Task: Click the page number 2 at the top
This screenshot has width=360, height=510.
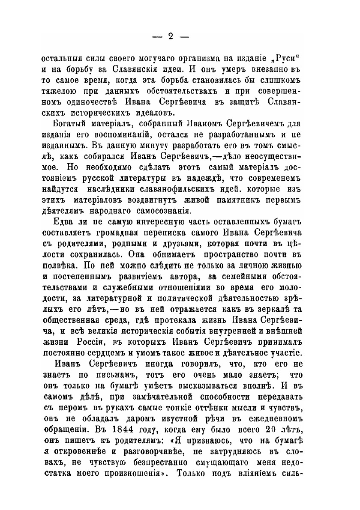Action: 170,36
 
